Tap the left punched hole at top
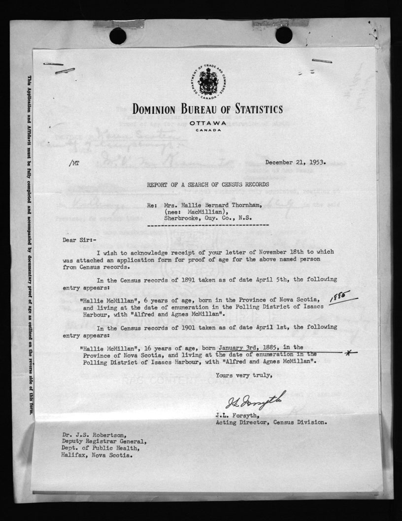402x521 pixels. (118, 35)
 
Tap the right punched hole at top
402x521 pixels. (284, 34)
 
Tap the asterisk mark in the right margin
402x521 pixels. (349, 352)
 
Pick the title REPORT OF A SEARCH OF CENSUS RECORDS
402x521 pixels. (207, 184)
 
